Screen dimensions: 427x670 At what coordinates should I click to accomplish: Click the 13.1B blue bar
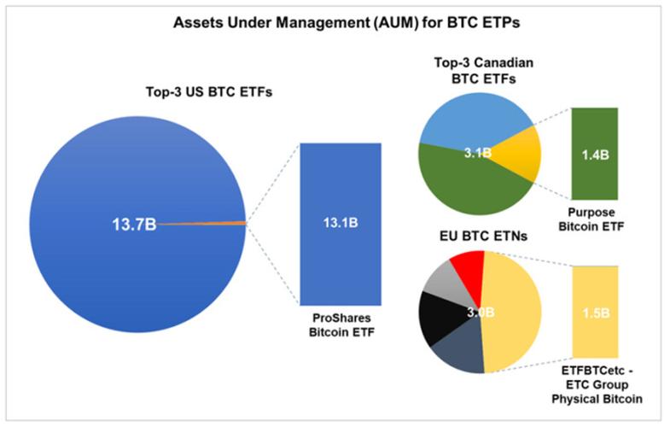(x=340, y=223)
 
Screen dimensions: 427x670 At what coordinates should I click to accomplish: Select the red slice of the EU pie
(x=468, y=265)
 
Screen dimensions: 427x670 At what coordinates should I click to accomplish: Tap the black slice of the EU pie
(x=438, y=316)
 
